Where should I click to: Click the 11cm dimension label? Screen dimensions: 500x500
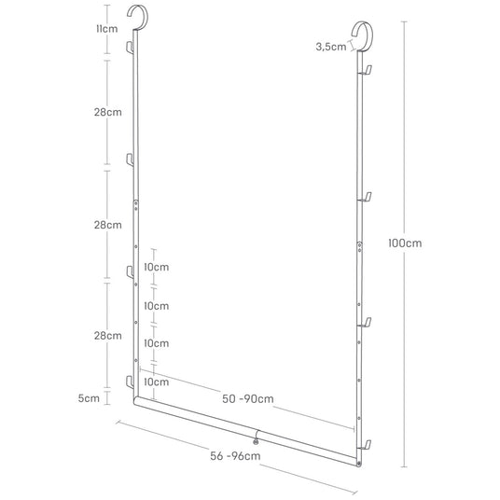point(107,29)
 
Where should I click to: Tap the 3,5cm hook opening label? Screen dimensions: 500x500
point(330,47)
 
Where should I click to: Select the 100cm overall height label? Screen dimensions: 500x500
point(405,243)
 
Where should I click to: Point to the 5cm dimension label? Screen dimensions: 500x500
point(89,398)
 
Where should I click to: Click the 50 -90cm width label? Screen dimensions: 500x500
point(248,398)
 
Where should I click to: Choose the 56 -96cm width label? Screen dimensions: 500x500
point(235,455)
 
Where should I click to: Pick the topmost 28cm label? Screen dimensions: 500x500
point(108,112)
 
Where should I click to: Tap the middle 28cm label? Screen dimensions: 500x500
point(108,225)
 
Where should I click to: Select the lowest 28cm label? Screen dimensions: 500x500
point(108,336)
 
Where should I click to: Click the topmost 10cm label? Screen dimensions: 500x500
point(157,267)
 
